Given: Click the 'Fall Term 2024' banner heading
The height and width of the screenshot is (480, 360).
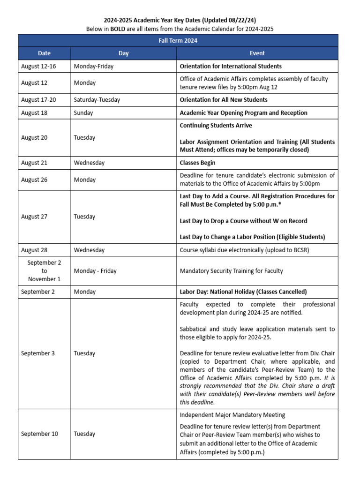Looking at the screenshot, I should pos(177,41).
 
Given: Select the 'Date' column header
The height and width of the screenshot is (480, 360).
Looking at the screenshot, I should pos(44,53).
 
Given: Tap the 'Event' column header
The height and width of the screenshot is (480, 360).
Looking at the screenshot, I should pos(257,53).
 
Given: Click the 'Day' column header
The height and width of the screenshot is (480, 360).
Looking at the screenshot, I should pos(123,53).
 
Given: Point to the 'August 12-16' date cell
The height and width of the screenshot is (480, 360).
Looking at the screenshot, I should pos(38,66).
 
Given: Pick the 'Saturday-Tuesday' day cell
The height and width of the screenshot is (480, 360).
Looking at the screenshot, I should pos(97,99).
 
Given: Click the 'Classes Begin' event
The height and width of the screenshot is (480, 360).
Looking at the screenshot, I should pos(198,163).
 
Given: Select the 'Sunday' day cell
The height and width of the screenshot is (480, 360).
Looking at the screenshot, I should pos(83,112).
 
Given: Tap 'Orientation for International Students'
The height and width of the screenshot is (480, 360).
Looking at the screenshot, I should pos(231,66).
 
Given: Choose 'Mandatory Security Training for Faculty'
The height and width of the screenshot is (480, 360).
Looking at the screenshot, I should pos(232,271).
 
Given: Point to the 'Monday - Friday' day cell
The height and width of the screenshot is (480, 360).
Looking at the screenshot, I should pos(95,271).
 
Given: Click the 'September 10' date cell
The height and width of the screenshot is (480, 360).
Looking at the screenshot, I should pos(40,434).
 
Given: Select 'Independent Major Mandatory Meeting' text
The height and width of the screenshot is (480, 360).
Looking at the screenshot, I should pos(232,415).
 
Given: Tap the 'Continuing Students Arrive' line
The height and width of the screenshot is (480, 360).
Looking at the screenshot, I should pos(216,125).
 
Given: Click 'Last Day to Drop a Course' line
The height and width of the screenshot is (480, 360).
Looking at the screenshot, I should pos(243,221).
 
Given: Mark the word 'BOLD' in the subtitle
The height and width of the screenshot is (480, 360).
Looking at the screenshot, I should pos(117,29).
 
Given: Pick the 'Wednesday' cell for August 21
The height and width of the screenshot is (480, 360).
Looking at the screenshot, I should pos(89,163).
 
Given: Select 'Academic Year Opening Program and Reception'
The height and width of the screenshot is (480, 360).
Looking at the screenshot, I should pos(244,112).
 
